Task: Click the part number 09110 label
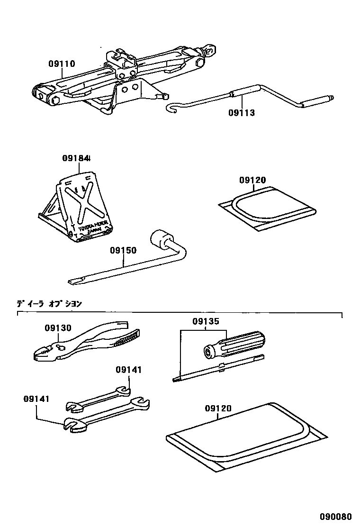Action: pos(62,64)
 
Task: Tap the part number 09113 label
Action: pos(241,113)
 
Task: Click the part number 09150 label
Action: pos(123,250)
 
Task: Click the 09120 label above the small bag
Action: pos(252,181)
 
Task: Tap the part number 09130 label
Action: pos(58,328)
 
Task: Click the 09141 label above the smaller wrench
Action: pos(128,370)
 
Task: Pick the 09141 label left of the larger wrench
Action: pos(36,399)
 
